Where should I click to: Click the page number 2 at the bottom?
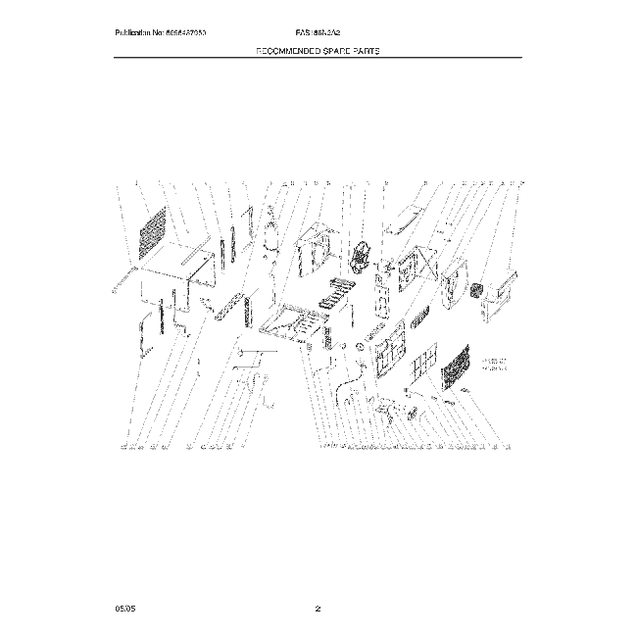[x=318, y=610]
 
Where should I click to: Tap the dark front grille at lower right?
[x=456, y=370]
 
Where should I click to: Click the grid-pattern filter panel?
[x=422, y=368]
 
